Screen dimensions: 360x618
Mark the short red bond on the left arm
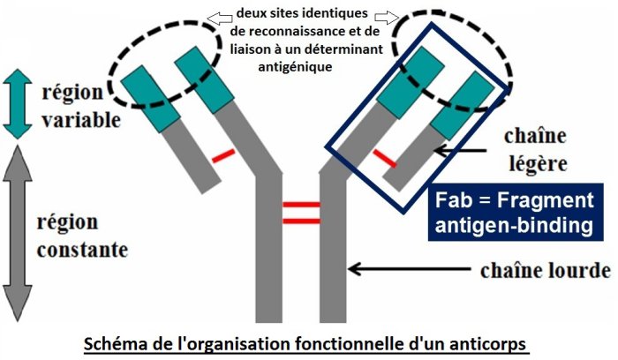[x=223, y=157]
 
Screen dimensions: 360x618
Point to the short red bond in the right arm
[x=382, y=158]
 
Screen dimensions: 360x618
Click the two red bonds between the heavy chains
[x=300, y=212]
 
